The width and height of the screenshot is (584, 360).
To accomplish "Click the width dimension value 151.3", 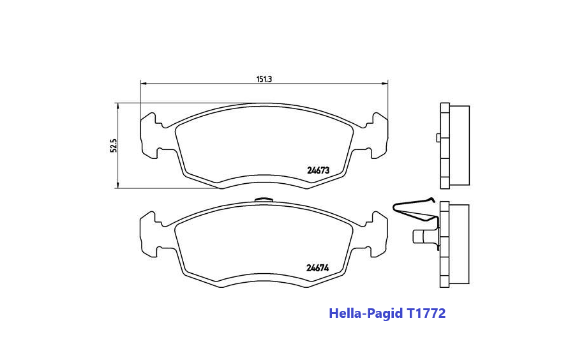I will [264, 79].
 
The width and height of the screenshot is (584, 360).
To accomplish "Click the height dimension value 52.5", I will [114, 146].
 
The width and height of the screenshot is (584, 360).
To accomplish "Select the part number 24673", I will [318, 170].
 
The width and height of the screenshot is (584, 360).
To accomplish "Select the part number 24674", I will [317, 267].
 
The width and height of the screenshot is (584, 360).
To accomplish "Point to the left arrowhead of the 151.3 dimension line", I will [144, 84].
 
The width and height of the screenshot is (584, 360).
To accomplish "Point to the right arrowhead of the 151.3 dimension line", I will [385, 84].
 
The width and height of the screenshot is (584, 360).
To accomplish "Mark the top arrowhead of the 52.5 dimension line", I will [117, 105].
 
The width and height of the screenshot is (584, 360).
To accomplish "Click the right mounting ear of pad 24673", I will [378, 134].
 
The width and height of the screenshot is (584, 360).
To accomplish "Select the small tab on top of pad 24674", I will [264, 200].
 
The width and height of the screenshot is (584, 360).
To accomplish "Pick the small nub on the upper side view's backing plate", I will [437, 137].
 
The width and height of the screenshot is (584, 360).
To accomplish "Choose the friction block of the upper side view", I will [460, 146].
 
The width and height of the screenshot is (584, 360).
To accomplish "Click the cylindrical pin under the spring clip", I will [422, 236].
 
